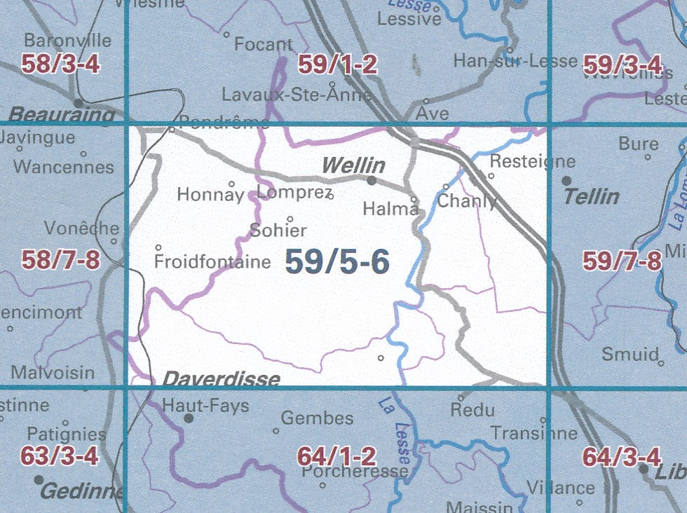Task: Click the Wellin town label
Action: click(x=353, y=165)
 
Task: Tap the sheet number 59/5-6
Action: click(x=337, y=262)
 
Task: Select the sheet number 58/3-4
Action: click(x=60, y=65)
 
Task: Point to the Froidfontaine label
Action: click(x=212, y=262)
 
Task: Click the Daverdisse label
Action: click(x=222, y=380)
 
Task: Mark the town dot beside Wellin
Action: click(x=372, y=180)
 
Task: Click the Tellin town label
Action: click(x=592, y=196)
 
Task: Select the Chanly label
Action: click(x=467, y=202)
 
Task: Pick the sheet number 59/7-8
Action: click(x=622, y=262)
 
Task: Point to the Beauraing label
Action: click(x=62, y=114)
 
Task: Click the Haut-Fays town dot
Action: click(x=189, y=418)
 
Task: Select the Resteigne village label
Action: click(x=532, y=161)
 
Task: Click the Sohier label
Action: click(x=278, y=230)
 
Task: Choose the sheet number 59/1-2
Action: click(x=337, y=65)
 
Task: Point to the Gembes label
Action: click(x=317, y=418)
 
